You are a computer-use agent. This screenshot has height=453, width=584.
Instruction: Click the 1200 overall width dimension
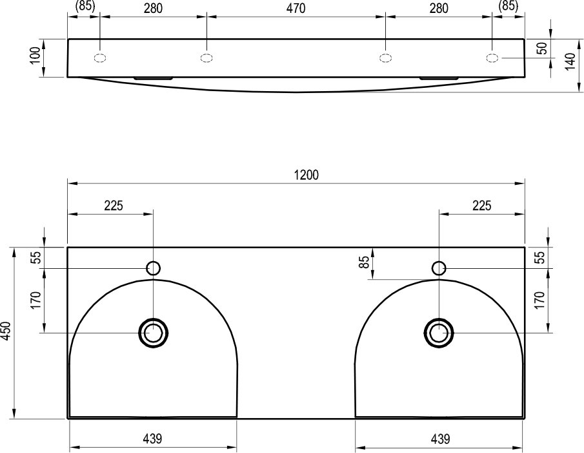pos(306,174)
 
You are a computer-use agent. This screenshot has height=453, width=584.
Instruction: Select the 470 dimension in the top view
pos(296,8)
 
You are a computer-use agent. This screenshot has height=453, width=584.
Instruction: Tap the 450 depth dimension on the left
pos(6,331)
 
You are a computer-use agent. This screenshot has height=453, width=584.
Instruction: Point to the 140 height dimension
pos(570,61)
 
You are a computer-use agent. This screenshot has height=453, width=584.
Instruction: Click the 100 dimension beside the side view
pos(35,56)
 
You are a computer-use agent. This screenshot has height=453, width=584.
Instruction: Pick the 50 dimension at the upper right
pos(543,48)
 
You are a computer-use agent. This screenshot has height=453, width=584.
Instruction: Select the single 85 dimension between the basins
pos(365,261)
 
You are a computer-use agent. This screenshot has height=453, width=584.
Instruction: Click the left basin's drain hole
pos(153,333)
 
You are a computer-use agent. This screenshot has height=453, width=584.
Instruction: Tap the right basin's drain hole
pos(439,333)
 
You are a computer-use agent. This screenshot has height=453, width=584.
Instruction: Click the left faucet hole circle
pos(154,268)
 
